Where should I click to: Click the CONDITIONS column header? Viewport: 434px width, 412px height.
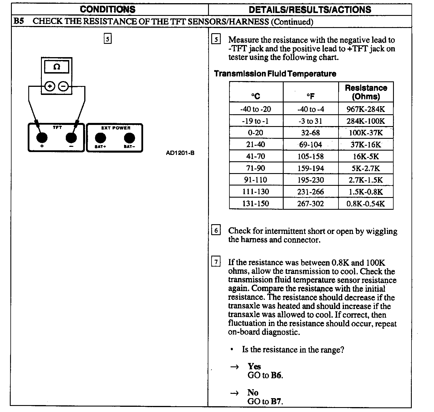(x=108, y=9)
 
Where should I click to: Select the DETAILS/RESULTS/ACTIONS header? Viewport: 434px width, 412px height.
(x=310, y=10)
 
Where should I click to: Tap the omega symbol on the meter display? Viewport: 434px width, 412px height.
(x=57, y=67)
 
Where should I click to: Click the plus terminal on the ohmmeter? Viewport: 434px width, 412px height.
(x=50, y=86)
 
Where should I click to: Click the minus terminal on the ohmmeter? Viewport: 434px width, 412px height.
(x=63, y=86)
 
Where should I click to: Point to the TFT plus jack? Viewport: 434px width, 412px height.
(x=42, y=138)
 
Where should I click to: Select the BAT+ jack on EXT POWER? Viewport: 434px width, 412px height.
(x=100, y=138)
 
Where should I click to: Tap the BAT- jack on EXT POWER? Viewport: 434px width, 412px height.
(x=129, y=138)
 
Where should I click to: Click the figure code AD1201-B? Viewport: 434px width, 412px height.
(x=180, y=153)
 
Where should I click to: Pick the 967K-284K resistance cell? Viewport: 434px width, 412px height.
(x=366, y=109)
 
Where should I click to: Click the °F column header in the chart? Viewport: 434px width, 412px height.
(x=310, y=96)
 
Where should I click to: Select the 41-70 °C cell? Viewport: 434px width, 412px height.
(x=256, y=156)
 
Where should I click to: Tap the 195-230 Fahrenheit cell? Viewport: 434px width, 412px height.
(x=310, y=180)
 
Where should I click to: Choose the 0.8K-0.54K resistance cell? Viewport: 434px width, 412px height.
(x=366, y=204)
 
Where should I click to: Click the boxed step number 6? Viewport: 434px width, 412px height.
(x=216, y=231)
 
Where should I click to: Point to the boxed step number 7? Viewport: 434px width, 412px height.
(x=216, y=262)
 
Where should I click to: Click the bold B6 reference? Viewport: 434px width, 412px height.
(x=276, y=375)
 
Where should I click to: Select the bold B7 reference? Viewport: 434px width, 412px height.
(x=276, y=401)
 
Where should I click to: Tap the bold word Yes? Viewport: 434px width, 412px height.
(x=254, y=366)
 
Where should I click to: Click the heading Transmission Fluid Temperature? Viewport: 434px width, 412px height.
(x=275, y=74)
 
